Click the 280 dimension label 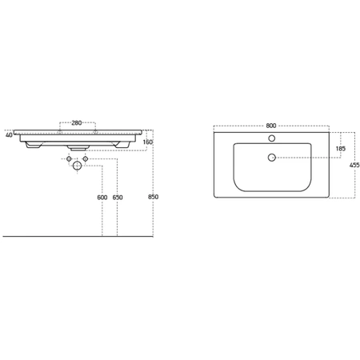pyautogui.click(x=77, y=123)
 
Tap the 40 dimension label pyautogui.click(x=9, y=135)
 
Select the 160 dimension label pyautogui.click(x=147, y=142)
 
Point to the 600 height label pyautogui.click(x=102, y=198)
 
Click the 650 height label pyautogui.click(x=118, y=198)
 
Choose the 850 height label pyautogui.click(x=153, y=197)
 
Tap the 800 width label pyautogui.click(x=271, y=126)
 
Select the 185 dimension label pyautogui.click(x=341, y=149)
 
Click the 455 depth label pyautogui.click(x=354, y=165)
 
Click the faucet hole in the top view pyautogui.click(x=272, y=138)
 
